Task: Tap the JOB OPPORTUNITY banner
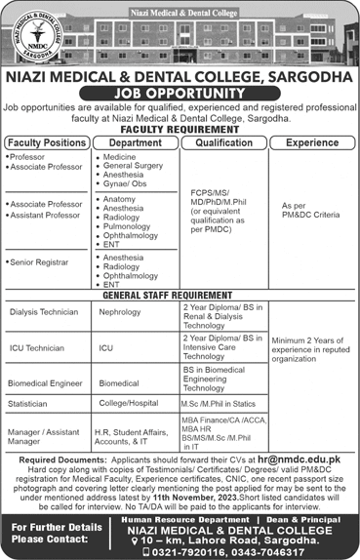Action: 180,94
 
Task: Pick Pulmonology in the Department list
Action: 127,223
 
